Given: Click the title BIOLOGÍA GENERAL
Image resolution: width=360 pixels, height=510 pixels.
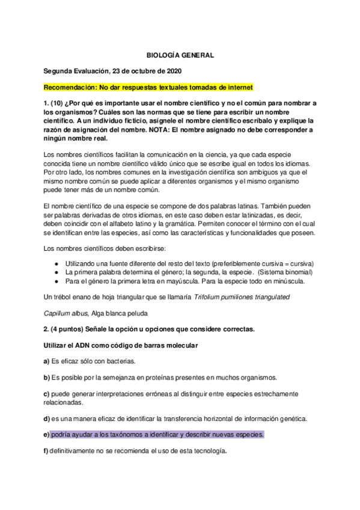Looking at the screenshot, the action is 180,55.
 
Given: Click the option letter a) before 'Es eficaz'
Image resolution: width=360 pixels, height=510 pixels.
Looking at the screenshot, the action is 46,361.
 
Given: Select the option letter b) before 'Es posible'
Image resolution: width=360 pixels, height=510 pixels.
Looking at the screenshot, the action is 46,377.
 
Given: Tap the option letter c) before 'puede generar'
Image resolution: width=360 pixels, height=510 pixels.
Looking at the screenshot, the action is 46,393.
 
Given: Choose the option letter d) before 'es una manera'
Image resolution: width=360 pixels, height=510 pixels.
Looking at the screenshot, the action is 46,418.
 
